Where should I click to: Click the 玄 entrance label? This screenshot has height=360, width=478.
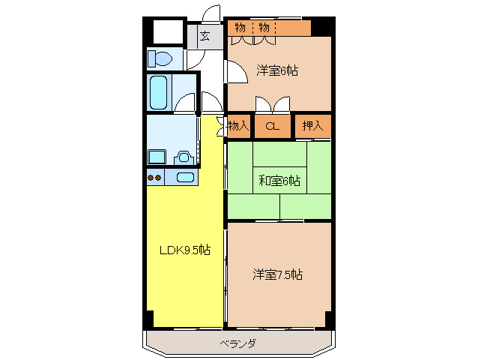pos(205,35)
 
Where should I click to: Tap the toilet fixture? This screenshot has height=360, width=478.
pos(160,58)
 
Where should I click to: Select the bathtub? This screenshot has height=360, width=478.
pos(158,92)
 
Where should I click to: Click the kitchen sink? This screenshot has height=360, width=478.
pos(185,178)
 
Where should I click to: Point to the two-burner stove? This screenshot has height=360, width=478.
pos(155,178)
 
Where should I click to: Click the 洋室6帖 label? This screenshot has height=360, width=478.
pos(277,70)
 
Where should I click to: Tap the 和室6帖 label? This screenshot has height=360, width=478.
pos(280,181)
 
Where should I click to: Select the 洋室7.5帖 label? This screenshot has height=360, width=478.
pos(277,274)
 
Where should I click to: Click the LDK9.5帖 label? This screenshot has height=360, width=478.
pos(184,250)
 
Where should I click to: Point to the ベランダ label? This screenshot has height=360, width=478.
pos(238,343)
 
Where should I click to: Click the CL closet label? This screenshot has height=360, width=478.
pos(273,127)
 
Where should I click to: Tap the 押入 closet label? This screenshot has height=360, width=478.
pos(312,126)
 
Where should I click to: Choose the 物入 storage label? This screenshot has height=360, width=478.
pos(238,126)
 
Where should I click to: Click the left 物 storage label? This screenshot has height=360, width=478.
pos(240,28)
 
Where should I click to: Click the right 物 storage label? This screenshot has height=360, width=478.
pos(264,28)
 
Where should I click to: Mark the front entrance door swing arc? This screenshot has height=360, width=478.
pos(212,13)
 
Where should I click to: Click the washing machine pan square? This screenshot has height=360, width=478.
pos(157,157)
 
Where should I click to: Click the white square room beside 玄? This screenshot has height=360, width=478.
pos(168,31)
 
